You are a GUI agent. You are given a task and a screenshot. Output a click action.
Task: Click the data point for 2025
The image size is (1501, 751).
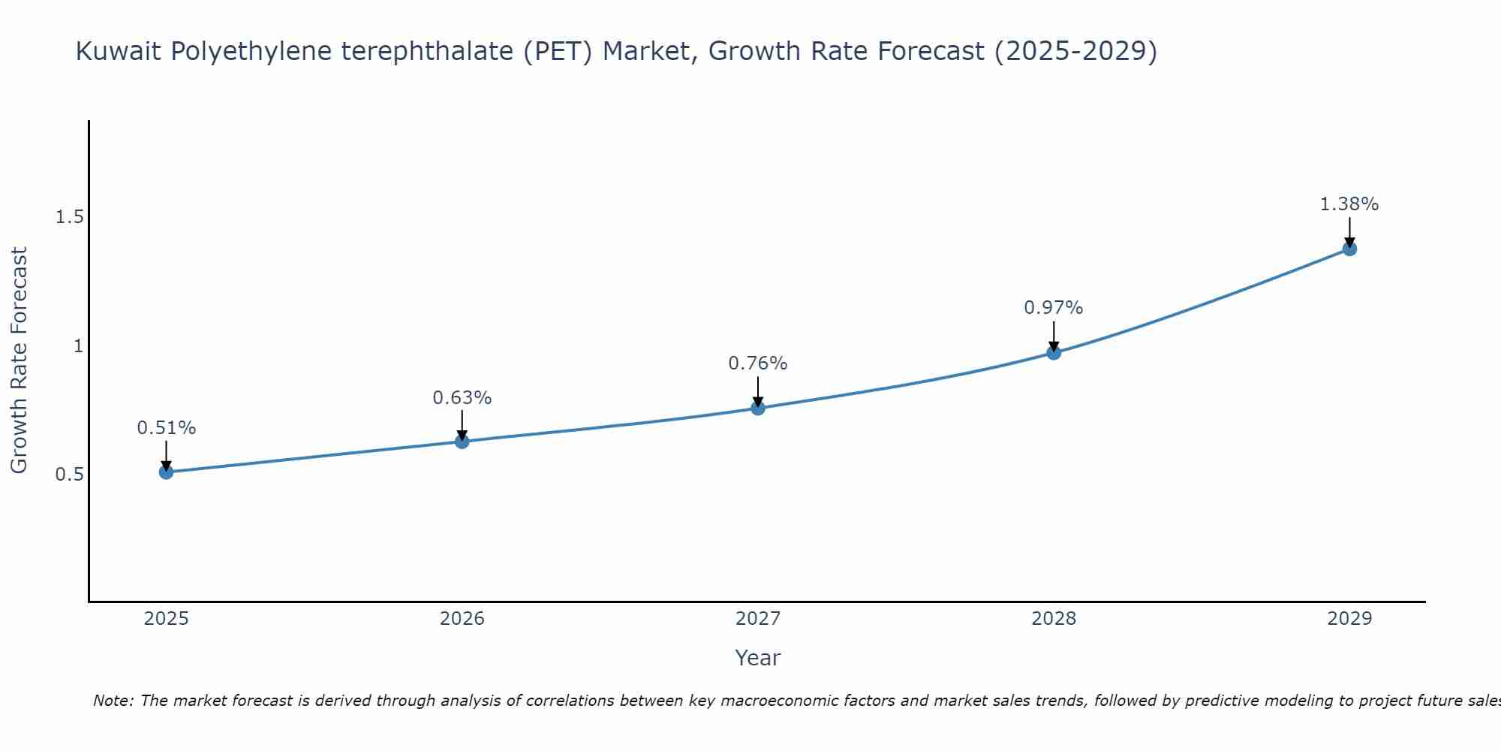pyautogui.click(x=166, y=472)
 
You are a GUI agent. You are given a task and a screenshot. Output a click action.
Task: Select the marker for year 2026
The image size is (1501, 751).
pyautogui.click(x=462, y=442)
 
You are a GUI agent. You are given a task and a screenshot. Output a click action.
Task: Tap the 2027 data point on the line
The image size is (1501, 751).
pyautogui.click(x=758, y=408)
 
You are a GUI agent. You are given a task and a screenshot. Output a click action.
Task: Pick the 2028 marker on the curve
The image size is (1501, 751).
pyautogui.click(x=1054, y=352)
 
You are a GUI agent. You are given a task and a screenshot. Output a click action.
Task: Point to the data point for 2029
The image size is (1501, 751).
pyautogui.click(x=1349, y=249)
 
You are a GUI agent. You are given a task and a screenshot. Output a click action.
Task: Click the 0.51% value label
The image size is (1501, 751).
pyautogui.click(x=166, y=428)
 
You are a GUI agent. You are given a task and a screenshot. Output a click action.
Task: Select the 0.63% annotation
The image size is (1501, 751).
pyautogui.click(x=462, y=398)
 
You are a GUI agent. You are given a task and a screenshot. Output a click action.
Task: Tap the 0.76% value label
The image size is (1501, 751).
pyautogui.click(x=758, y=363)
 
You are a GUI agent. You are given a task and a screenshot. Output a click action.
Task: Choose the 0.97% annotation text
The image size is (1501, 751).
pyautogui.click(x=1054, y=308)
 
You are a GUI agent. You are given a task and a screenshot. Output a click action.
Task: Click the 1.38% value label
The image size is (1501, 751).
pyautogui.click(x=1349, y=204)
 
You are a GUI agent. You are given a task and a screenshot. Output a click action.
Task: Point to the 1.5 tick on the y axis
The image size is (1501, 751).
pyautogui.click(x=69, y=217)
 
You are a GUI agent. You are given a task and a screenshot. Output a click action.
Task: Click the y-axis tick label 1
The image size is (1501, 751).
pyautogui.click(x=77, y=346)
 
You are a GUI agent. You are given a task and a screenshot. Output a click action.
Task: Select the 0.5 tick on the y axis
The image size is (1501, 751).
pyautogui.click(x=69, y=475)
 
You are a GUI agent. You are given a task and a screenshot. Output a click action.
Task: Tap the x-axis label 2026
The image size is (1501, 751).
pyautogui.click(x=462, y=619)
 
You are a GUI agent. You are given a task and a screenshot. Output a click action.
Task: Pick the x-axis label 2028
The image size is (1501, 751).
pyautogui.click(x=1054, y=619)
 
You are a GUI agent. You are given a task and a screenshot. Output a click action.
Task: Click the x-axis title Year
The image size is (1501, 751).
pyautogui.click(x=758, y=658)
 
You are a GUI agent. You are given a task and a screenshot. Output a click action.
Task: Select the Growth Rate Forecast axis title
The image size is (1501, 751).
pyautogui.click(x=19, y=360)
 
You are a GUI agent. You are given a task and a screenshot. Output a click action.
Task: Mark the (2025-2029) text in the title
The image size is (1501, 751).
pyautogui.click(x=1075, y=52)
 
